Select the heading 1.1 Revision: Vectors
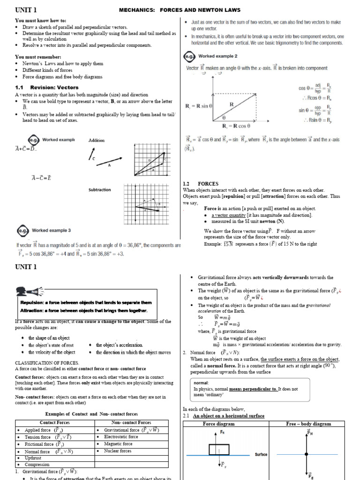[x=47, y=87]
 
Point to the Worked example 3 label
[x=51, y=231]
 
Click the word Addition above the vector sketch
[x=97, y=140]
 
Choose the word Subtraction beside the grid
[x=99, y=190]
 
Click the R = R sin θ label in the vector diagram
[x=199, y=106]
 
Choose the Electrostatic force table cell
[x=121, y=437]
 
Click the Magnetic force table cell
[x=118, y=444]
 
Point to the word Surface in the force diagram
[x=261, y=455]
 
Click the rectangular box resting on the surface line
[x=219, y=449]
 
